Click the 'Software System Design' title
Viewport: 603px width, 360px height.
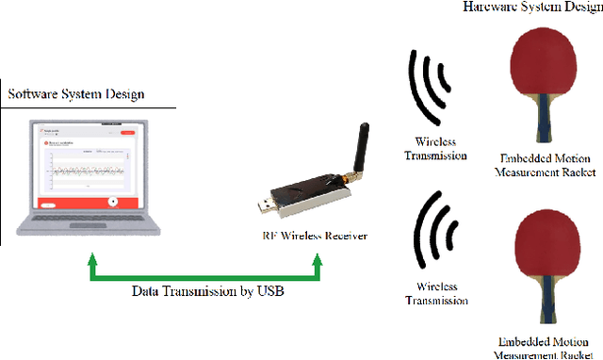[x=76, y=94]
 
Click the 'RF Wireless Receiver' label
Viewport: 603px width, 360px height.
[x=313, y=236]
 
